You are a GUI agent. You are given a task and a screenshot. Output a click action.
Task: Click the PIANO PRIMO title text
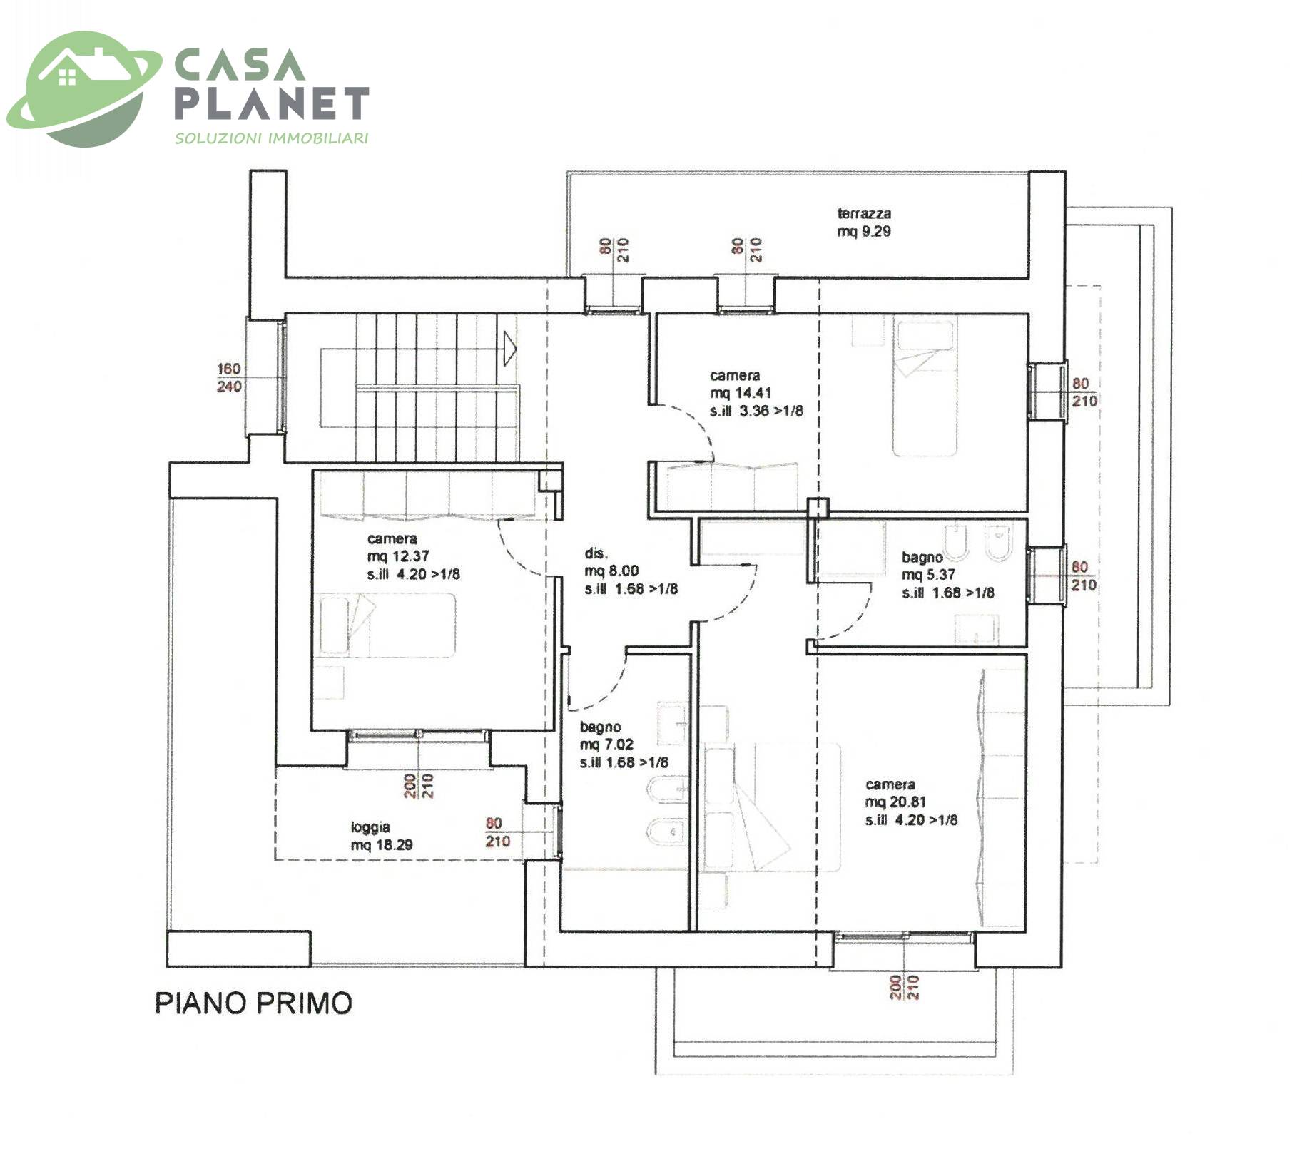click(254, 1003)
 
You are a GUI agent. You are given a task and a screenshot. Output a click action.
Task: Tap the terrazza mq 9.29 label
click(864, 222)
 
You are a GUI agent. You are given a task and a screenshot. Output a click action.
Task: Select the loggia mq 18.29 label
click(381, 836)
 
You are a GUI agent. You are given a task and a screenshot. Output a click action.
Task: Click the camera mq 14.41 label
click(756, 393)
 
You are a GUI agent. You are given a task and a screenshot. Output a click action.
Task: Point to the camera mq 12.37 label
click(413, 556)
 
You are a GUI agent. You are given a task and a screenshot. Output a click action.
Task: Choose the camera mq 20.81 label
click(911, 802)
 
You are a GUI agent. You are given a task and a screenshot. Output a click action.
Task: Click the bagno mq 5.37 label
click(947, 575)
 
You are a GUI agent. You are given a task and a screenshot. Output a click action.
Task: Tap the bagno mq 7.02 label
click(624, 745)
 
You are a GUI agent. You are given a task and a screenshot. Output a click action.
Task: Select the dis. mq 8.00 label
click(631, 571)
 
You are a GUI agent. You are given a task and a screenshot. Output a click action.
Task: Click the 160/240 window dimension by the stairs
click(229, 377)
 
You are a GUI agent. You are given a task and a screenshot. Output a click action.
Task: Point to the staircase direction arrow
click(509, 349)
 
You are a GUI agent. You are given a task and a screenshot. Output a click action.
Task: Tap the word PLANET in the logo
click(272, 103)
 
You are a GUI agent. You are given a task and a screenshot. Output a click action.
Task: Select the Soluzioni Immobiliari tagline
click(272, 138)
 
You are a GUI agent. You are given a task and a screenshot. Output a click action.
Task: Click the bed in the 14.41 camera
click(925, 388)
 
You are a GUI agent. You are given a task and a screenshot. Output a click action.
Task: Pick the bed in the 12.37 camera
click(387, 624)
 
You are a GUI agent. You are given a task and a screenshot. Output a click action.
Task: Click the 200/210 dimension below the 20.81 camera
click(905, 987)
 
